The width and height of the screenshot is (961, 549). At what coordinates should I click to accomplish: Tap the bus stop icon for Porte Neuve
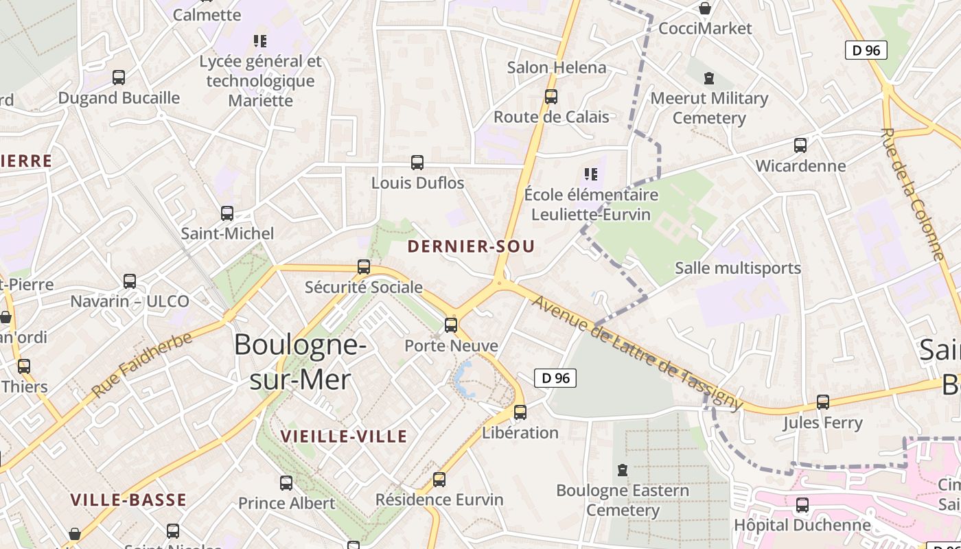451,325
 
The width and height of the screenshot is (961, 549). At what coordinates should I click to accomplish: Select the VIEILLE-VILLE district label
344,436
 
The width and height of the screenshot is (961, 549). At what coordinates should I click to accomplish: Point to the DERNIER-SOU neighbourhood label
471,246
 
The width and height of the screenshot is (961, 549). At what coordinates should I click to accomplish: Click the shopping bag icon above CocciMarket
704,8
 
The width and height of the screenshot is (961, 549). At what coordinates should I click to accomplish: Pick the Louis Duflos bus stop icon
417,163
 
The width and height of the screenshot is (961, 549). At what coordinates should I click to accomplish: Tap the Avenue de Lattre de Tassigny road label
638,353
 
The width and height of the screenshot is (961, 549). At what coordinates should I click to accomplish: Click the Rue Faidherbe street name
142,364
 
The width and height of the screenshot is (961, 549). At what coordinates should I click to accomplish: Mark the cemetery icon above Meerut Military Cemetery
709,78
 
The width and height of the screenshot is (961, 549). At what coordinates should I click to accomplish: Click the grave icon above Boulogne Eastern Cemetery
623,470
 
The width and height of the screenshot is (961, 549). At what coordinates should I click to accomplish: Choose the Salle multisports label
738,268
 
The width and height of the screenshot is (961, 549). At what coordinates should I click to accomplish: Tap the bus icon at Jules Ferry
822,402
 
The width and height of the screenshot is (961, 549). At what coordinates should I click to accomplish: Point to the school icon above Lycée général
260,41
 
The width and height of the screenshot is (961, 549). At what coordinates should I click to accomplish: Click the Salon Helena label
557,67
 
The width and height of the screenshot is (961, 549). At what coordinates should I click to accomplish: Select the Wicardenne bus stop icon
800,145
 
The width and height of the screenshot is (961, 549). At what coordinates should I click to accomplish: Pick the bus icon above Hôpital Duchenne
802,505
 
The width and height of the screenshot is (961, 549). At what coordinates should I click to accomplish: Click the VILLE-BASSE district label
128,500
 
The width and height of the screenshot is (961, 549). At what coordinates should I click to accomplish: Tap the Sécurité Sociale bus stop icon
364,267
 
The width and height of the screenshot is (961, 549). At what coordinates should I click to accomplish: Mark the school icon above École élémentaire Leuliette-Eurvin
590,174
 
